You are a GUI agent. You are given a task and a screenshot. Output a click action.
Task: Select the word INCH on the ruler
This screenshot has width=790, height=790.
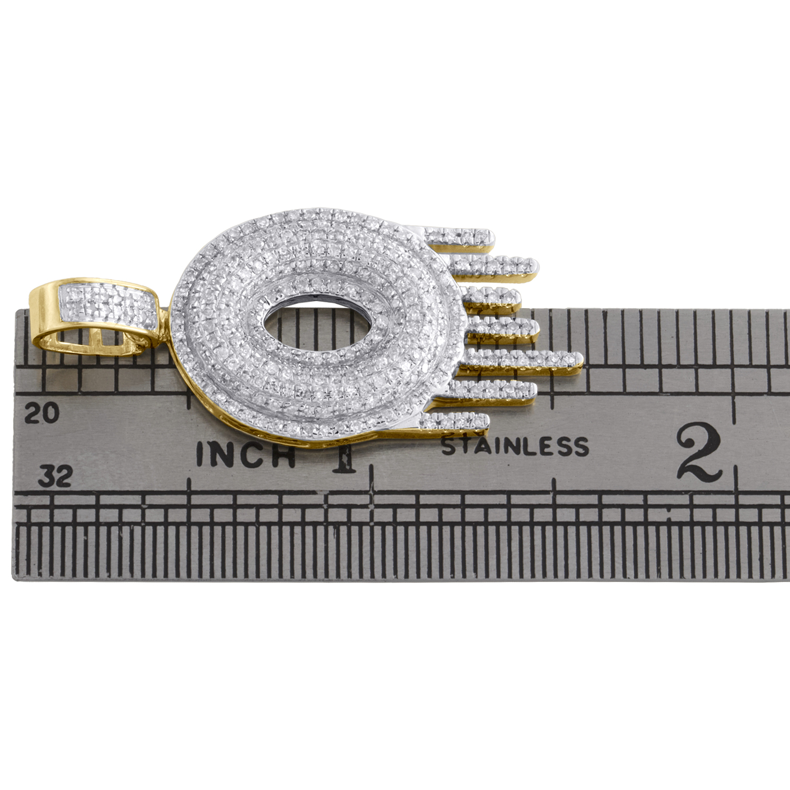point(245,454)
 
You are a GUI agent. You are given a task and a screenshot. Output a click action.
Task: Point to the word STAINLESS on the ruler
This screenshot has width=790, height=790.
point(515,446)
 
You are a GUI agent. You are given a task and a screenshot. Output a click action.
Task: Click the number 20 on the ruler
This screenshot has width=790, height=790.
point(43,413)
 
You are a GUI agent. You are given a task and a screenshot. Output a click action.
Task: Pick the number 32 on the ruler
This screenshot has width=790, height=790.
point(55,477)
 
